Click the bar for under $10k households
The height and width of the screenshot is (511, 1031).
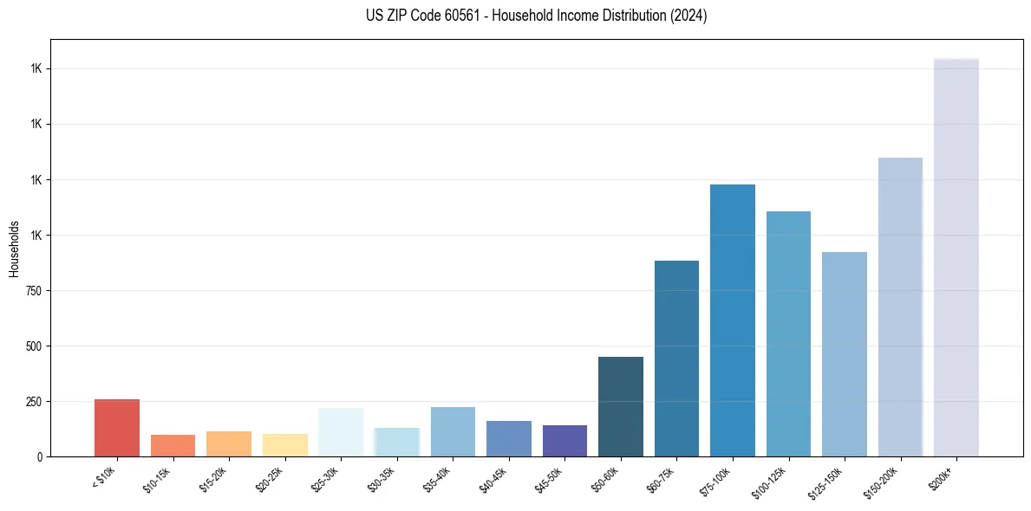117,428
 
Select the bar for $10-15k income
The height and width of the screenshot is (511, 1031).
173,445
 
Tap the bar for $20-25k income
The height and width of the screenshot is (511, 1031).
284,445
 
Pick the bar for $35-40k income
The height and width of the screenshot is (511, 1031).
453,431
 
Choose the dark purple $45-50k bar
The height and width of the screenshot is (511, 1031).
564,441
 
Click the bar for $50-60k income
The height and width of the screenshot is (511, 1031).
621,406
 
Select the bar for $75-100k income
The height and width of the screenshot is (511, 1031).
733,320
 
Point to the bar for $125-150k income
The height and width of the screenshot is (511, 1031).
845,354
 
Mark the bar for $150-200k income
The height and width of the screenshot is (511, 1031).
900,307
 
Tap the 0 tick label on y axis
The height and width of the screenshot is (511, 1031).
38,456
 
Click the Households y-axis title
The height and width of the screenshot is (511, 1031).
14,249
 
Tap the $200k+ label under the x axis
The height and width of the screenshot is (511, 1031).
942,475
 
